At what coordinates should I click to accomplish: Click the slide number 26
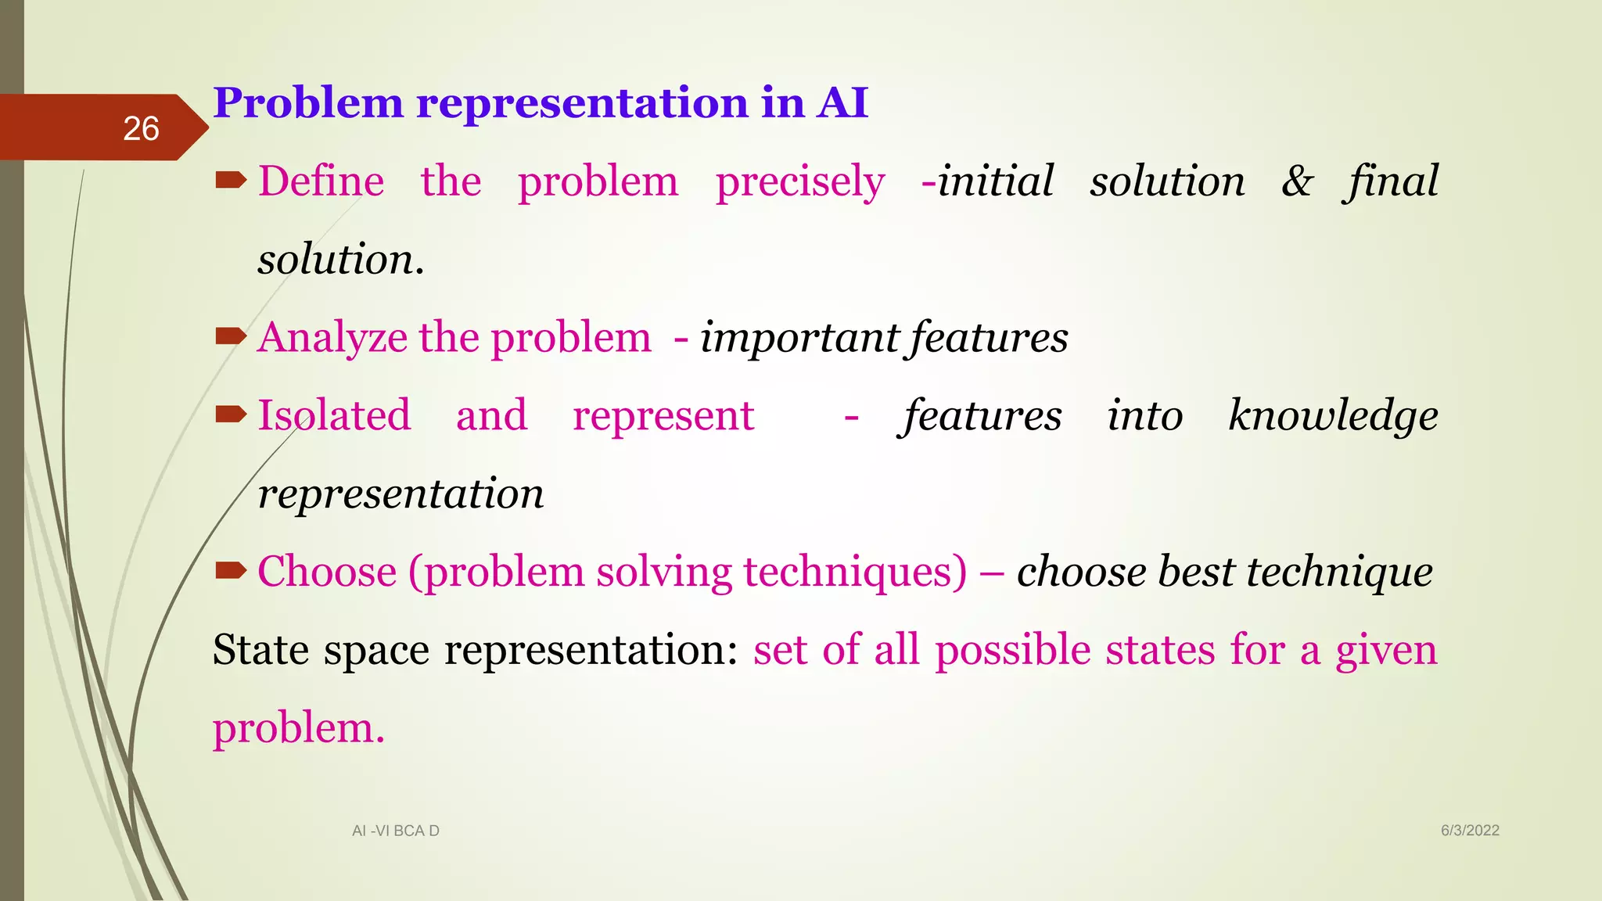(x=141, y=129)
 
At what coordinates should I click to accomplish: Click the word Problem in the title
(x=307, y=103)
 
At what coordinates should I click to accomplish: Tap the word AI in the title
(x=842, y=103)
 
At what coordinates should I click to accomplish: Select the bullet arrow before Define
(x=231, y=181)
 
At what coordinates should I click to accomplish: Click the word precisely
(x=800, y=183)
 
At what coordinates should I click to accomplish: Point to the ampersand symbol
(x=1297, y=181)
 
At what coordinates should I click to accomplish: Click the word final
(x=1392, y=181)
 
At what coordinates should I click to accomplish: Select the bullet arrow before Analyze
(x=231, y=337)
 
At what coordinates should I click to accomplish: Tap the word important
(x=799, y=339)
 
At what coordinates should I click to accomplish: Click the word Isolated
(x=334, y=415)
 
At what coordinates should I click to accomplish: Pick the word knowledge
(x=1332, y=415)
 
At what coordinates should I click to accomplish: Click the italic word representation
(x=400, y=494)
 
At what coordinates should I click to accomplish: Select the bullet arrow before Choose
(x=231, y=571)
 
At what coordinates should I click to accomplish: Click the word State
(x=260, y=650)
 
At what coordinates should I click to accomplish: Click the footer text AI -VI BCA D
(x=396, y=831)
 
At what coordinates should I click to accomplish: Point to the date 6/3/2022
(x=1470, y=831)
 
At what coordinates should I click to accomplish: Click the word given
(x=1386, y=651)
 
